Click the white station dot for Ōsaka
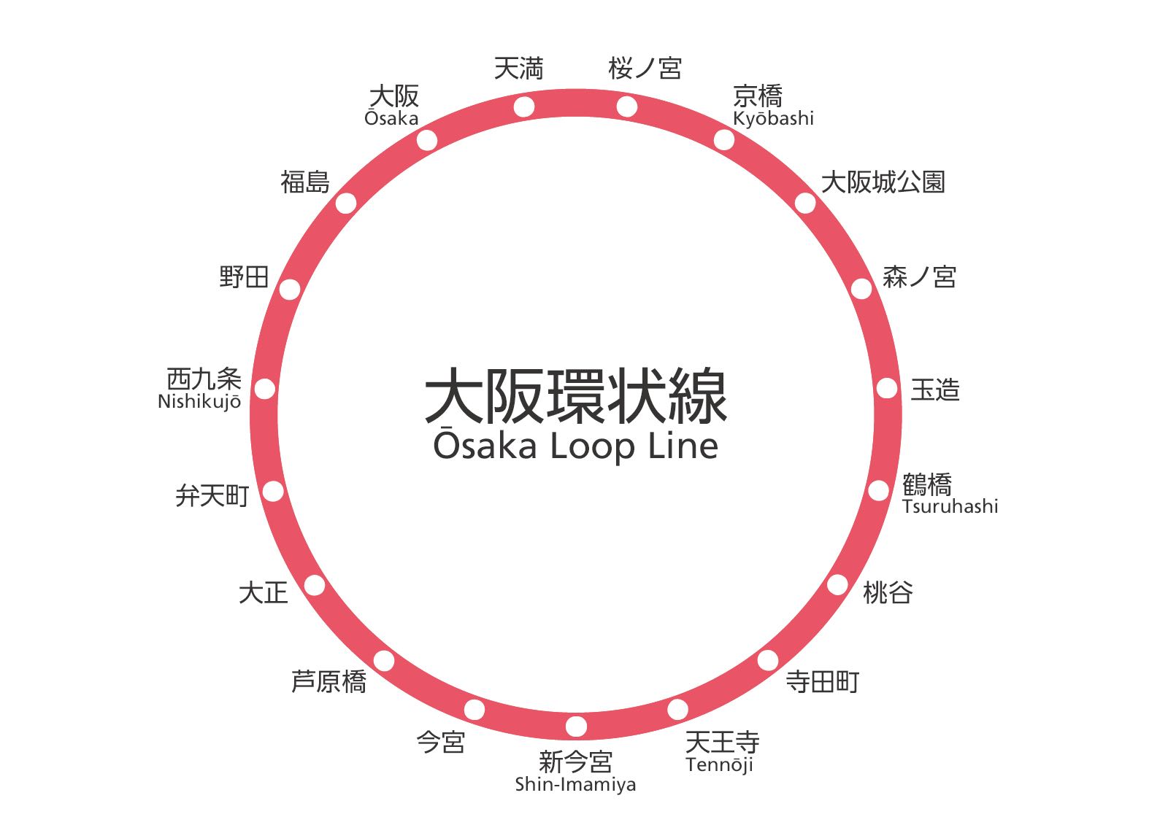(427, 140)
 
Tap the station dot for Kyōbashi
(723, 140)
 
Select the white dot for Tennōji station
(677, 709)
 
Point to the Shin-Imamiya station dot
(576, 727)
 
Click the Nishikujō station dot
(264, 389)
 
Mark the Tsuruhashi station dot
(878, 490)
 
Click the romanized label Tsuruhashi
(950, 506)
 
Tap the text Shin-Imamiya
(575, 785)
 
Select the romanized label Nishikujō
(199, 402)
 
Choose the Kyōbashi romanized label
(773, 119)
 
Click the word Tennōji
(720, 765)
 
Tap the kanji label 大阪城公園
(883, 182)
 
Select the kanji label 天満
(519, 69)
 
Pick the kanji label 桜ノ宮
(645, 69)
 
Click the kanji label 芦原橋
(329, 682)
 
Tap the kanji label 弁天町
(212, 495)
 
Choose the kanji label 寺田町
(823, 682)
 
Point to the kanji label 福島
(305, 182)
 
